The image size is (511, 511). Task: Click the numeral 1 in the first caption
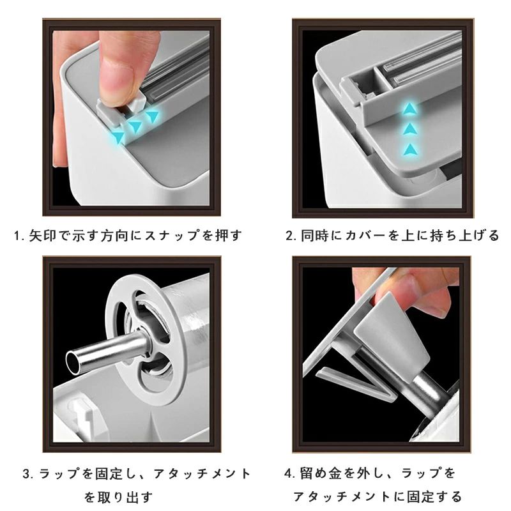click(17, 236)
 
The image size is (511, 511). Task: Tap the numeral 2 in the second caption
click(289, 236)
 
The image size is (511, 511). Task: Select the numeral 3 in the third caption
click(27, 473)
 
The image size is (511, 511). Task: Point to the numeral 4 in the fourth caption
click(288, 473)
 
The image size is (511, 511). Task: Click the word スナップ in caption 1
click(171, 236)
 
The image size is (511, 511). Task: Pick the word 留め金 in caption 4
click(321, 473)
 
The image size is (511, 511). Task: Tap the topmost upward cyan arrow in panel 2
click(409, 109)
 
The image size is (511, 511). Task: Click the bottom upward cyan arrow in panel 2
click(410, 149)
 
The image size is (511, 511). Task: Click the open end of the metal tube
click(72, 362)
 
